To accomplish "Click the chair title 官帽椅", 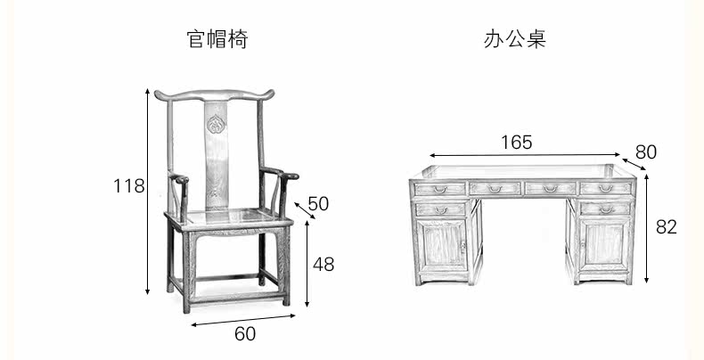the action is point(217,39).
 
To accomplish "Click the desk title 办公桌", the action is point(515,39).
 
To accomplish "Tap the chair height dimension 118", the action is point(129,186).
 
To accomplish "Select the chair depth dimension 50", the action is point(318,203).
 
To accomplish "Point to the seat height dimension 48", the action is point(323,264).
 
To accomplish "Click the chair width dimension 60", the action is point(245,333).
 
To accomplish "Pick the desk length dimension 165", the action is point(516,143).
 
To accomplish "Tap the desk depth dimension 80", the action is point(646,152).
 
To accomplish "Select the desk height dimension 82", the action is point(667,227).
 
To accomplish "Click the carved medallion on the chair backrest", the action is point(217,124).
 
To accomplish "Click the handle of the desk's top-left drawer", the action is point(440,190).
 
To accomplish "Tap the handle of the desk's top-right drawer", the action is point(606,189).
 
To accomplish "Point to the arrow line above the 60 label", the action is point(243,320).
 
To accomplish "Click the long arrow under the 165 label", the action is point(525,155).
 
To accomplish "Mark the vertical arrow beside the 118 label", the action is point(147,192).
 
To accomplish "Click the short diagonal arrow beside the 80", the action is point(634,164).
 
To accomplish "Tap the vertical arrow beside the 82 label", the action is point(647,228).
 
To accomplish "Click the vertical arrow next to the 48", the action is point(307,264).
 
